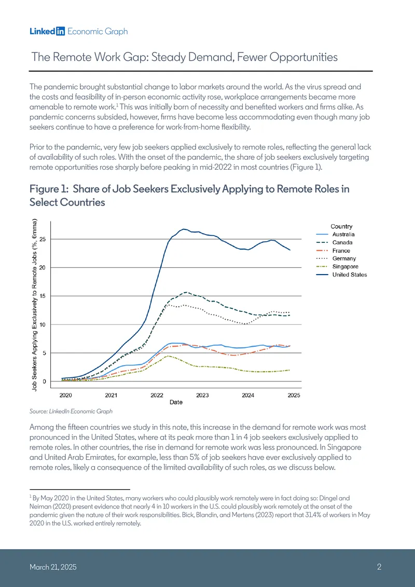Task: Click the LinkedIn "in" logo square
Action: (60, 32)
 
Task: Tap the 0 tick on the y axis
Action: (44, 381)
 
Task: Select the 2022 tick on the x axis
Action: (157, 395)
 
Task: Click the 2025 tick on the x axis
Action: (294, 395)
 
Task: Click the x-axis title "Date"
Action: (176, 402)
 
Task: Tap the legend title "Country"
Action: (341, 226)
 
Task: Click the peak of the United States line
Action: (183, 229)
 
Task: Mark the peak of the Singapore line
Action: (169, 356)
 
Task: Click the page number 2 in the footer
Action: (379, 567)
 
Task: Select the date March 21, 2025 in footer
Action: (53, 567)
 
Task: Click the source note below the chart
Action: (71, 412)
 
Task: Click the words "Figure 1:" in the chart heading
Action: (49, 189)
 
